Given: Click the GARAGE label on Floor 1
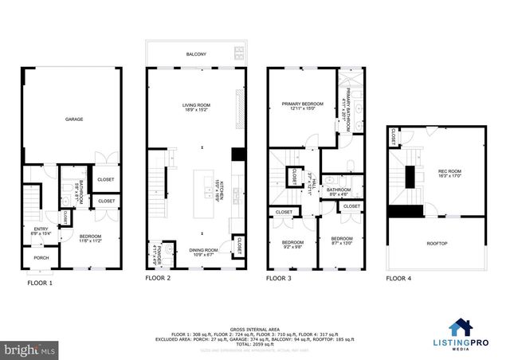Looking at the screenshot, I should click(74, 119).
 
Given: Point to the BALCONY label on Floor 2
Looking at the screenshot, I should click(196, 54).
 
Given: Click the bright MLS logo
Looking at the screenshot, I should click(30, 349).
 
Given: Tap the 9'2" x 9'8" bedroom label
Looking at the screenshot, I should click(292, 244).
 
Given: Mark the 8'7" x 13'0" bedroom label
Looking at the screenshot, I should click(341, 241).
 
